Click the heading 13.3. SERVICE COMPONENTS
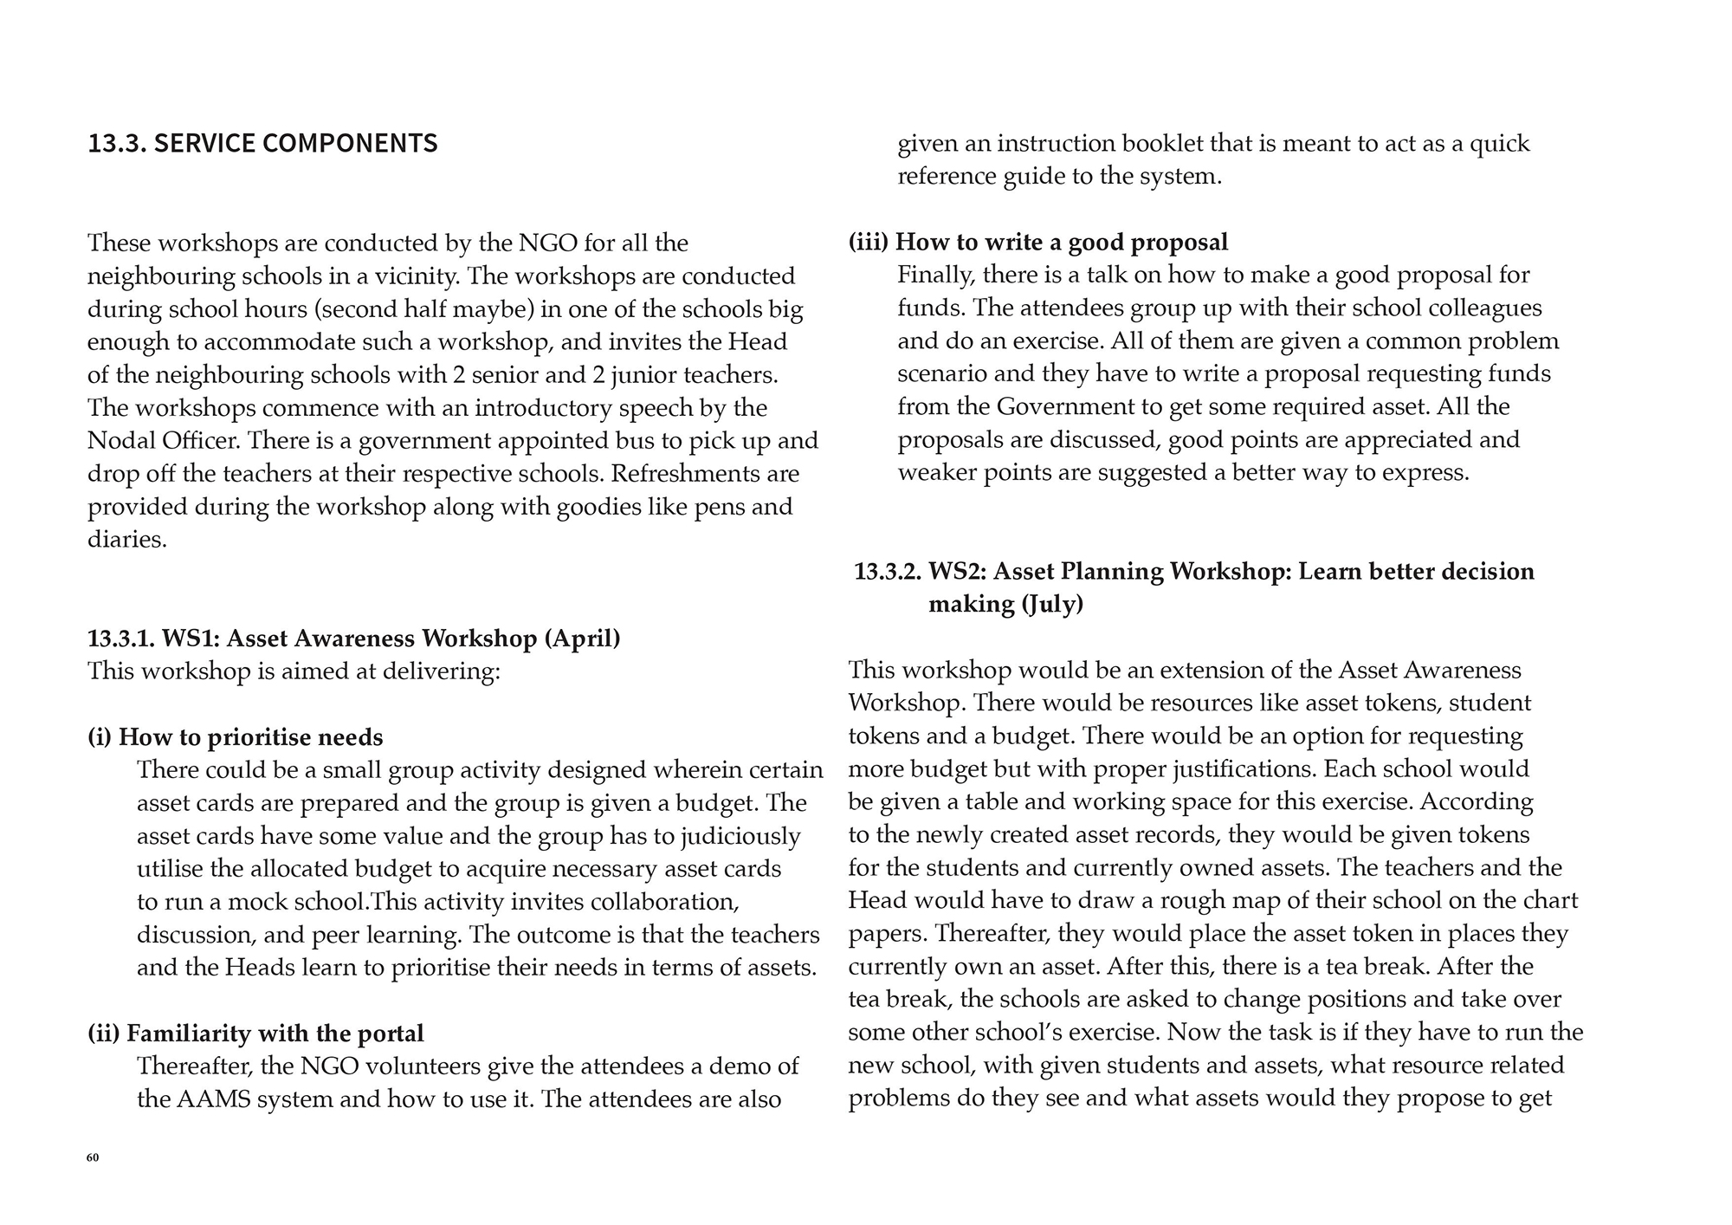pyautogui.click(x=262, y=143)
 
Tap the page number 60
pyautogui.click(x=93, y=1157)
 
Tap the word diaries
pyautogui.click(x=126, y=540)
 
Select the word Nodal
pyautogui.click(x=121, y=441)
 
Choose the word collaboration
pyautogui.click(x=663, y=902)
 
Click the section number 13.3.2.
pyautogui.click(x=888, y=572)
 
